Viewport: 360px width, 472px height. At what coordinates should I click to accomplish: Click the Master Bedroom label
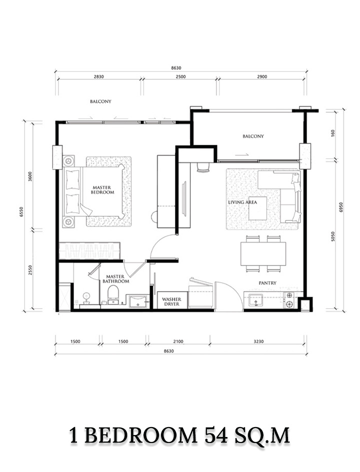102,190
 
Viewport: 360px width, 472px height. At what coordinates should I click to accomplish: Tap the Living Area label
242,202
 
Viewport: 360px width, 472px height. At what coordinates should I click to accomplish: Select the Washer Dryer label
171,302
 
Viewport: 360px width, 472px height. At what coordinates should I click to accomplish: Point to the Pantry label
267,283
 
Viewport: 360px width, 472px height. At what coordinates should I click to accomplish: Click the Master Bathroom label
115,279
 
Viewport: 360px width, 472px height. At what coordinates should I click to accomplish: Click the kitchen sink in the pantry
255,300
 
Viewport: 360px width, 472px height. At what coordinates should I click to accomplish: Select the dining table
263,254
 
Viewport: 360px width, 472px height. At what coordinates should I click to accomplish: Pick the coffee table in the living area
257,208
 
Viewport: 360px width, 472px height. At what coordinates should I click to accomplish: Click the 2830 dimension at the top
98,77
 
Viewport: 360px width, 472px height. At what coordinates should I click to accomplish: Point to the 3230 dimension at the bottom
258,341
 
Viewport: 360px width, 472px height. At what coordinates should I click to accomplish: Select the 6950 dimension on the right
341,207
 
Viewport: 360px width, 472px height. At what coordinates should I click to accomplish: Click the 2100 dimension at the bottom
178,341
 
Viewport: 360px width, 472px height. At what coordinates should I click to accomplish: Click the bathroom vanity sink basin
138,301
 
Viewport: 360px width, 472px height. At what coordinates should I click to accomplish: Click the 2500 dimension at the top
180,77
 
